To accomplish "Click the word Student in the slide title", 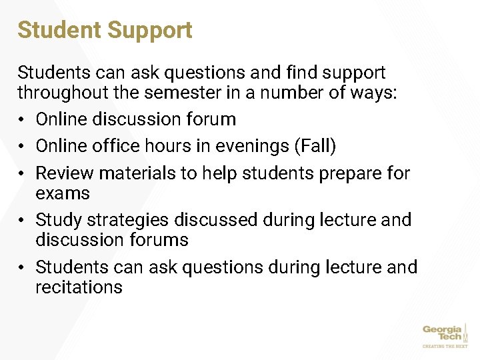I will (59, 30).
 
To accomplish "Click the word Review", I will (64, 173).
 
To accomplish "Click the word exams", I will (62, 193).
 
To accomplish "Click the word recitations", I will (79, 287).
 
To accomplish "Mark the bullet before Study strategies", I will (22, 220).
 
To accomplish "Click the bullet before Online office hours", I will (22, 146).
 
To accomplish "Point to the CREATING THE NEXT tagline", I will (445, 347).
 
